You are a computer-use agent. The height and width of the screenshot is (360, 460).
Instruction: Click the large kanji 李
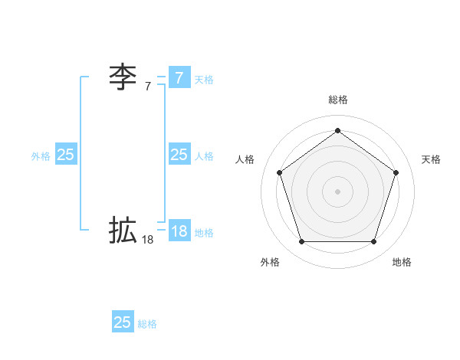coord(123,77)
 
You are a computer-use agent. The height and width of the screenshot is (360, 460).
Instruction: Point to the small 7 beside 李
coord(148,87)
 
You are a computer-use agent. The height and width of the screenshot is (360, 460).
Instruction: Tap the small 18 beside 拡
coord(148,240)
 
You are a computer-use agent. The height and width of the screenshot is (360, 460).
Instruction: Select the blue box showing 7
coord(179,77)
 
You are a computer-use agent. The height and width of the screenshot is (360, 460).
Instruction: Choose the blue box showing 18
coord(179,231)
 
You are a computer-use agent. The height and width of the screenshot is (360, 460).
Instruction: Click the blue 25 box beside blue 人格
coord(179,155)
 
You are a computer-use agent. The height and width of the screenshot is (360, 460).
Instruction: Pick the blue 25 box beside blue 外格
coord(65,155)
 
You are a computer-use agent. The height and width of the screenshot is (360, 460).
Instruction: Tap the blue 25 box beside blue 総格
coord(123,322)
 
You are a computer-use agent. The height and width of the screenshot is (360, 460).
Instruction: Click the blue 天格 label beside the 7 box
coord(204,79)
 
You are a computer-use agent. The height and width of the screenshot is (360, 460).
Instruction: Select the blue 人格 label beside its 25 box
coord(204,156)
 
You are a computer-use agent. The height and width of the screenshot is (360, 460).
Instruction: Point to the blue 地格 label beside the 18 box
coord(204,233)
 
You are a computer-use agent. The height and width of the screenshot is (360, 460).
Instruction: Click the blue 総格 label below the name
coord(147,324)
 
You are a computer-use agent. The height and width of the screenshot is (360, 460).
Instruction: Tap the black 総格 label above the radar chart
coord(337,100)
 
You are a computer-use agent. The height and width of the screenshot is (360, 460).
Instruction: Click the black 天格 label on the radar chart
coord(431,159)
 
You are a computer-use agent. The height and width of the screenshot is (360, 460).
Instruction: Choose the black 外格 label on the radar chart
coord(270,262)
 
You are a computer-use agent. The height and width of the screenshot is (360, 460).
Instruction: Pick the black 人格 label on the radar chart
coord(245,159)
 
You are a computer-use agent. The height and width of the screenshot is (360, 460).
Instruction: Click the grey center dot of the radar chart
coord(337,191)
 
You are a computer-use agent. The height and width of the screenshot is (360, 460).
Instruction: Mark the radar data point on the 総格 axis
coord(337,130)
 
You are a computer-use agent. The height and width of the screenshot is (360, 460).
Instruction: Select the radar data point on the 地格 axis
coord(373,241)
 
